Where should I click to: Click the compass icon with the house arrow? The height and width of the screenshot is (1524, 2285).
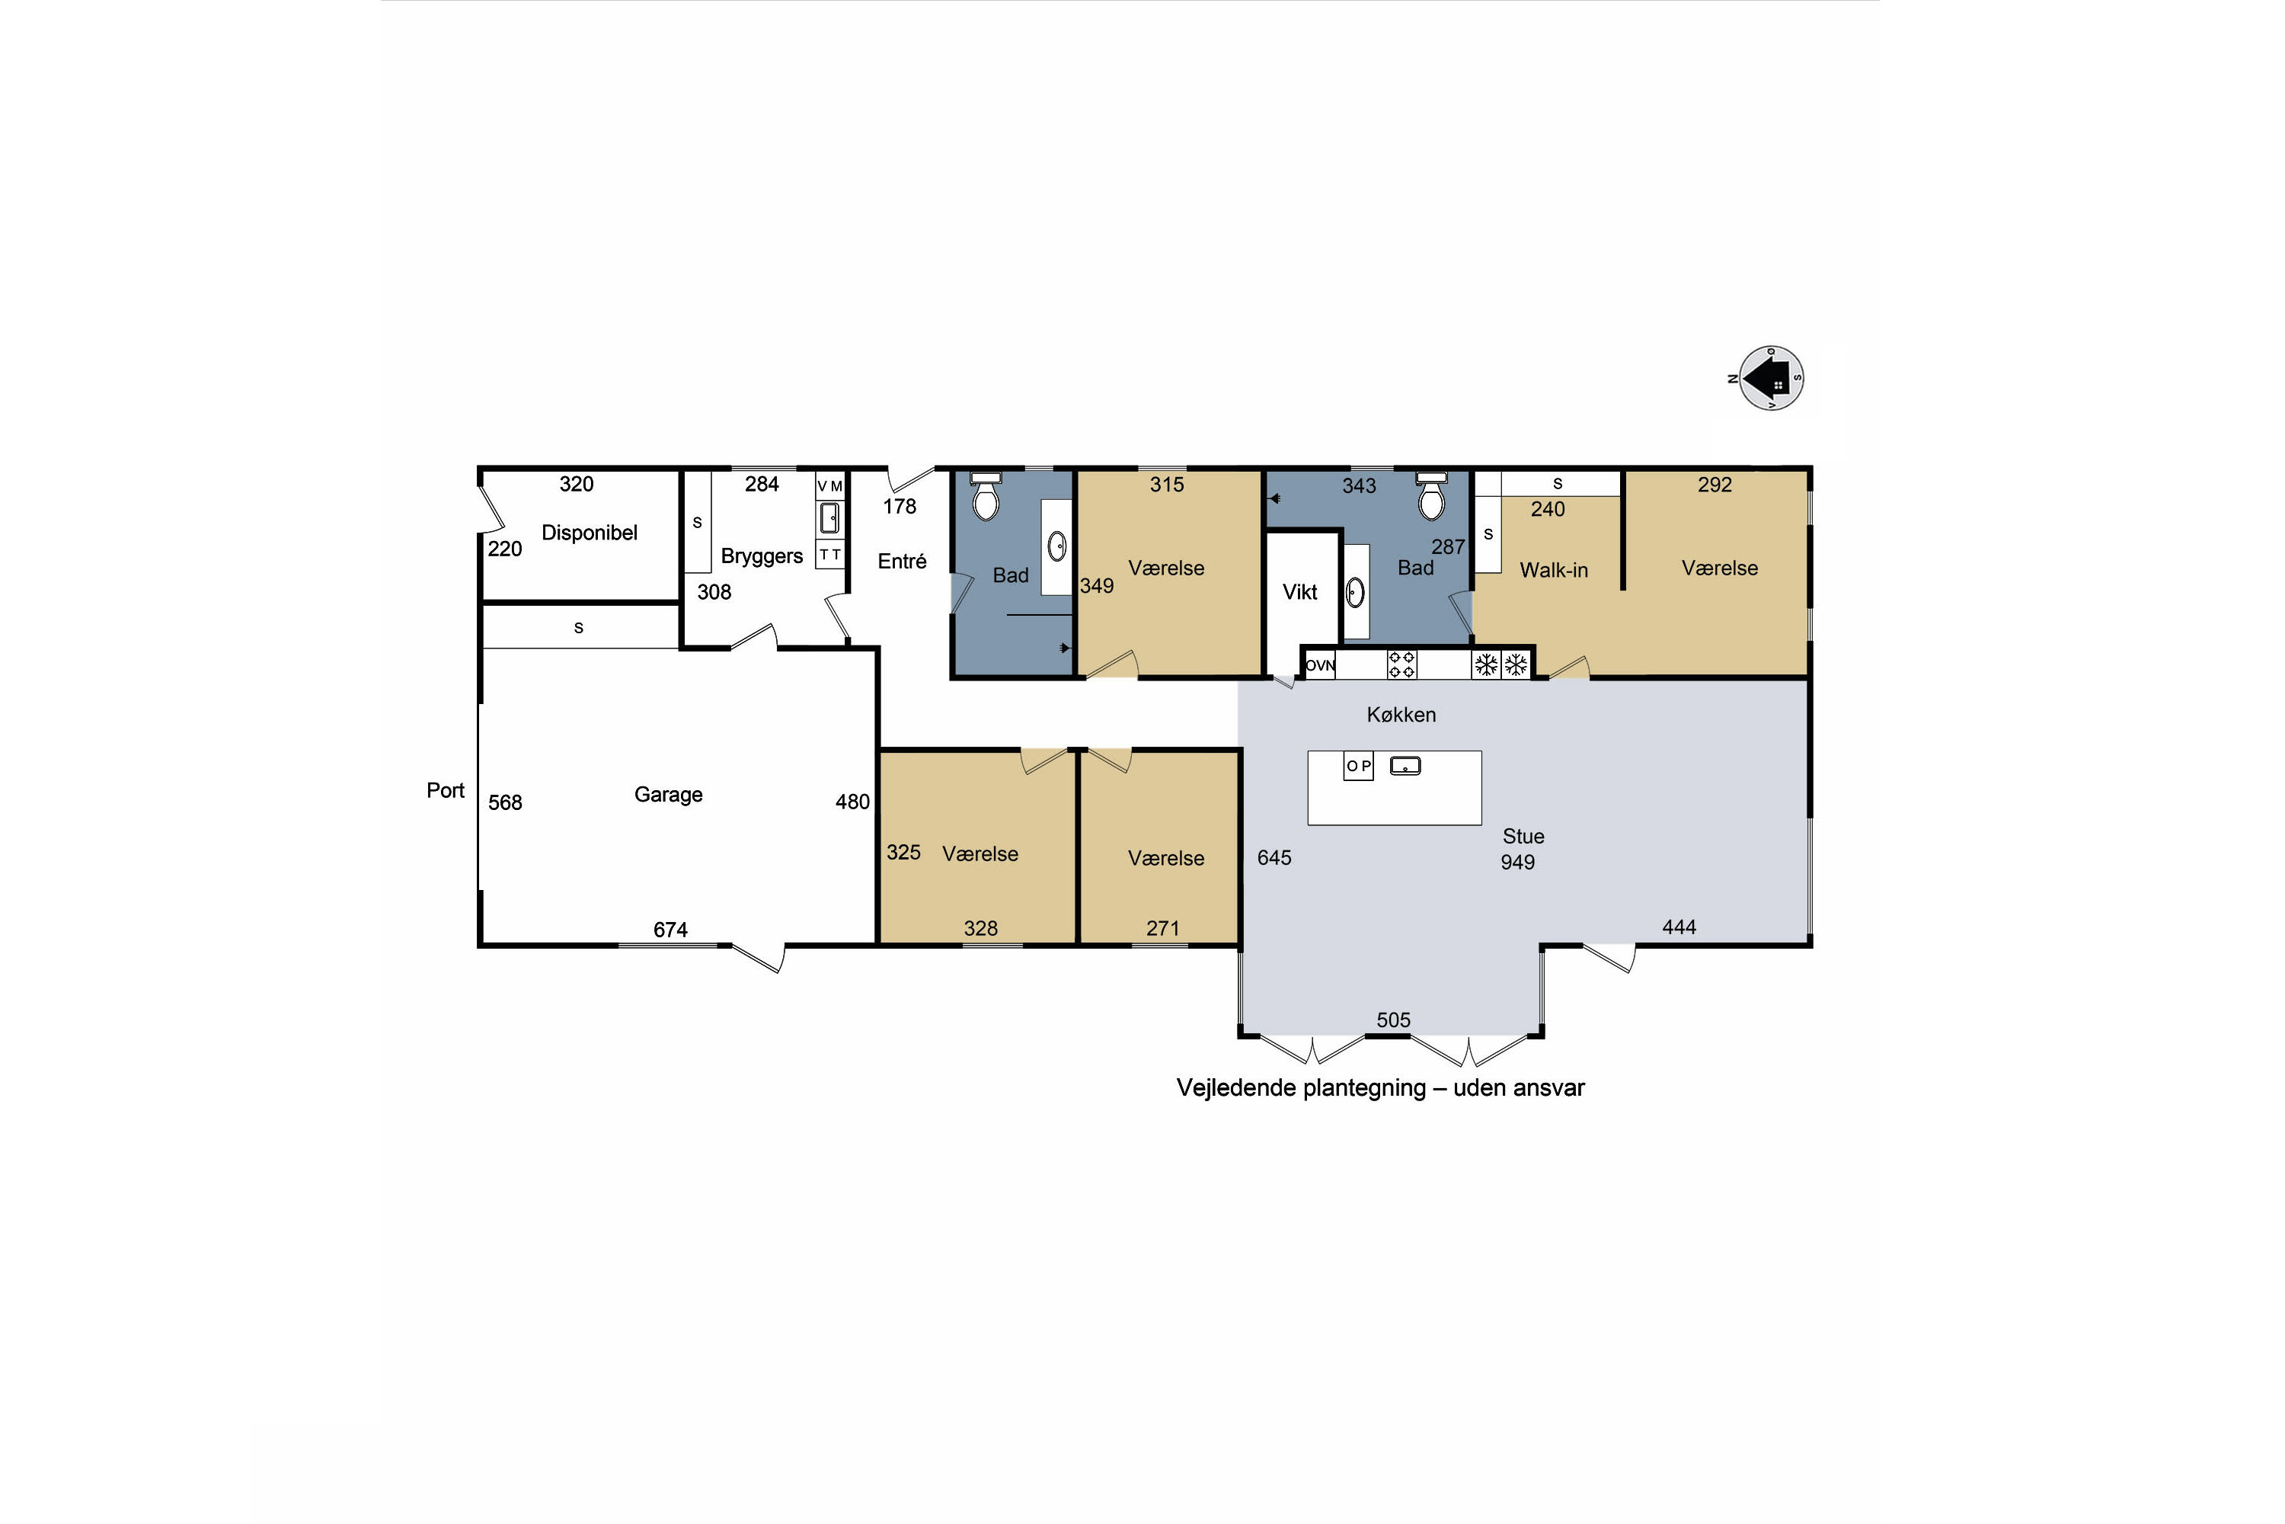tap(1770, 378)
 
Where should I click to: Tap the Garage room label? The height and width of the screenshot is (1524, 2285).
tap(669, 794)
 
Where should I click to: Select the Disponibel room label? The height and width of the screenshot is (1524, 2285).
tap(590, 533)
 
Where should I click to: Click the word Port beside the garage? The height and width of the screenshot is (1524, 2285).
tap(446, 790)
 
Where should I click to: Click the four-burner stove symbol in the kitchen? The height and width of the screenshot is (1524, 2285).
tap(1402, 664)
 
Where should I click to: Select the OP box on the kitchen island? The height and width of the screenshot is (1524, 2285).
tap(1358, 766)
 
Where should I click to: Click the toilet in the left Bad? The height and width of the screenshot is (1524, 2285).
tap(986, 496)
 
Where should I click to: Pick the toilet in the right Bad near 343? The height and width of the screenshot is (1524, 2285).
tap(1432, 497)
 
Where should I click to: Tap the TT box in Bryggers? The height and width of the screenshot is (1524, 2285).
tap(829, 555)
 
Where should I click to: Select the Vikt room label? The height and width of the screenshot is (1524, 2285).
tap(1300, 592)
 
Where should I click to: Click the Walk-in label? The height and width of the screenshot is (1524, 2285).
tap(1554, 571)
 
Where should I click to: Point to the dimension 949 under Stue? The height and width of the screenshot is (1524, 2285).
tap(1517, 862)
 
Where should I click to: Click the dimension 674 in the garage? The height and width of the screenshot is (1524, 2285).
tap(670, 930)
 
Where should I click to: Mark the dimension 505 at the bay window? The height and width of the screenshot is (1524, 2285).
tap(1393, 1020)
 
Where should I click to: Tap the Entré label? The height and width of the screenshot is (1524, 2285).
tap(902, 561)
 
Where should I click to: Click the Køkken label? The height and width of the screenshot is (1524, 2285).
tap(1401, 715)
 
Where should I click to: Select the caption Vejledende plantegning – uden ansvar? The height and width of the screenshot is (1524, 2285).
tap(1380, 1087)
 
